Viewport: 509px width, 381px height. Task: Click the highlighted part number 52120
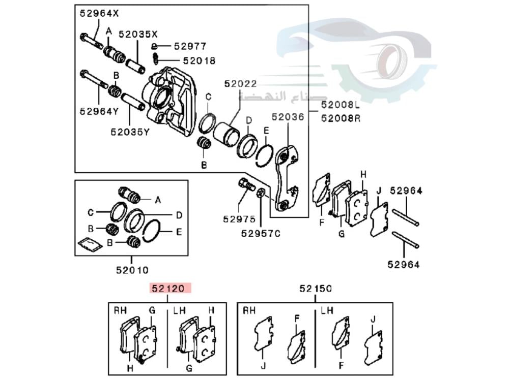click(x=170, y=289)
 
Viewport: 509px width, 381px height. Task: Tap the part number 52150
click(x=315, y=289)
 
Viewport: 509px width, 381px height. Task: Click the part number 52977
click(x=190, y=46)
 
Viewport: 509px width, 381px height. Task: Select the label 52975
click(x=239, y=219)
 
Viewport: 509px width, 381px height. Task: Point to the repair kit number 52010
click(x=132, y=270)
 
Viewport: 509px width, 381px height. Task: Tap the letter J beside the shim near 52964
click(x=379, y=191)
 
